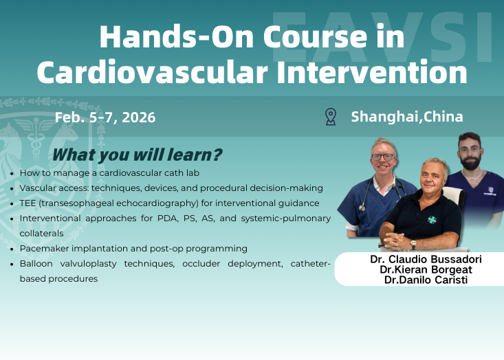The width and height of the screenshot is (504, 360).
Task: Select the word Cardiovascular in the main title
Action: (135, 71)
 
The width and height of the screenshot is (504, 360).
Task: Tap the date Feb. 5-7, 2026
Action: (105, 117)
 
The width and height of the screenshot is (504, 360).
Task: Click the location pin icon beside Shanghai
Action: (331, 117)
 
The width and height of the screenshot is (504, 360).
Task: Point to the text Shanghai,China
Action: (407, 117)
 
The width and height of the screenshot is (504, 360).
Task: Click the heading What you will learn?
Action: (137, 155)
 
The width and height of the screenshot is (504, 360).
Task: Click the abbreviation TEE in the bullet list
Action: (30, 203)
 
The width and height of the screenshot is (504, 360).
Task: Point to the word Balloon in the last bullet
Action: (37, 263)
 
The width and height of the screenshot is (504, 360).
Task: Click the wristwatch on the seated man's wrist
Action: (413, 243)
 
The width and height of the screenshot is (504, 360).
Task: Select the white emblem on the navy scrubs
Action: (490, 195)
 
